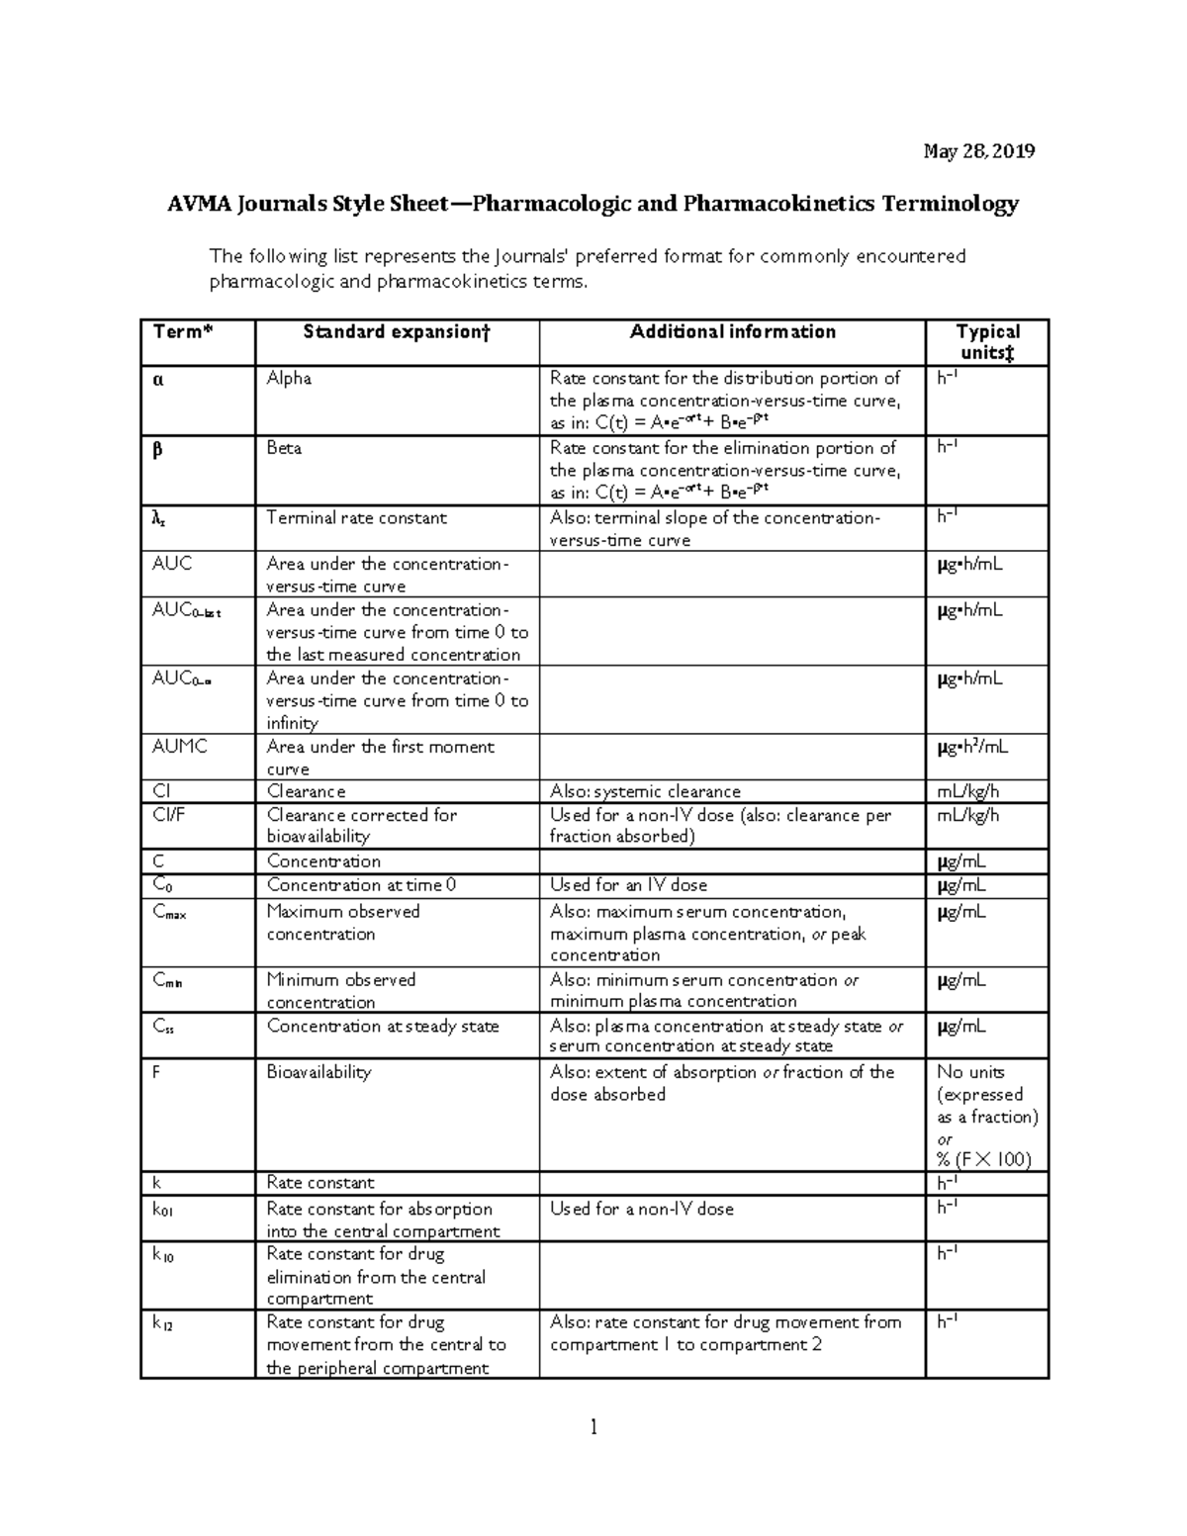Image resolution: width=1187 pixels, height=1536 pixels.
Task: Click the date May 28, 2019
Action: [978, 151]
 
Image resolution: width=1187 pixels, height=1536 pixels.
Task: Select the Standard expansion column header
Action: [396, 332]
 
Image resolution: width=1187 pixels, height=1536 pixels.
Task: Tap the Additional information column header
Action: [732, 332]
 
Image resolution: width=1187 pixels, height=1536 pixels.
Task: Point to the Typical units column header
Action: [987, 342]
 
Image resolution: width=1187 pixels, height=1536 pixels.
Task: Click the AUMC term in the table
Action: [179, 747]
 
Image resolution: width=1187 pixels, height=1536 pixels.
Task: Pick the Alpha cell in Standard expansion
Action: [289, 379]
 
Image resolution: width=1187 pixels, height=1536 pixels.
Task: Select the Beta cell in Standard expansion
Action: [284, 448]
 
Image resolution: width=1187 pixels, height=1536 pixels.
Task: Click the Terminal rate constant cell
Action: [356, 518]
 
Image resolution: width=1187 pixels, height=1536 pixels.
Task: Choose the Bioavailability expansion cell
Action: [319, 1072]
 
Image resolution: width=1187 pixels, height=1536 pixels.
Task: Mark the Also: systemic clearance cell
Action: [645, 791]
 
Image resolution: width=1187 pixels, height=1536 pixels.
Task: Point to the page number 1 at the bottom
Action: [593, 1427]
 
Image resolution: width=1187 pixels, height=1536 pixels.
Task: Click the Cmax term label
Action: [169, 912]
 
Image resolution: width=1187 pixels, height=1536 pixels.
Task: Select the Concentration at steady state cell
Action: [383, 1027]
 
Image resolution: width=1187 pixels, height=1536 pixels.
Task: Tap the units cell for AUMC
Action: [972, 748]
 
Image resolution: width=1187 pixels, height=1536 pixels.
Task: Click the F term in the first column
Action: [156, 1072]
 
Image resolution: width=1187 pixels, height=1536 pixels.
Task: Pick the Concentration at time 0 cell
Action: [361, 885]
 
